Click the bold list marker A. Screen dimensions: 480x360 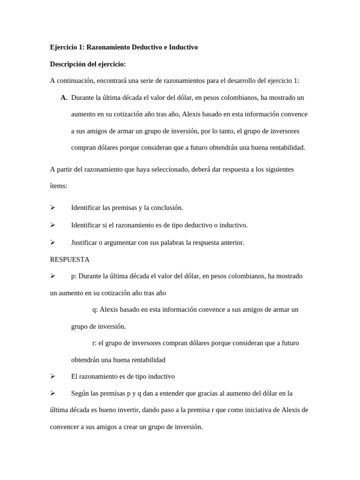coord(64,98)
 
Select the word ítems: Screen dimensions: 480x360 coord(59,186)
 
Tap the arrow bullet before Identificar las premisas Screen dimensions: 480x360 coord(53,208)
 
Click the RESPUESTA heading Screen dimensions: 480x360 coord(69,259)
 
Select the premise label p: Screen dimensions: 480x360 coord(74,276)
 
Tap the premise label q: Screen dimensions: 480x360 coord(95,309)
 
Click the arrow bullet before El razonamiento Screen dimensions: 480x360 coord(53,376)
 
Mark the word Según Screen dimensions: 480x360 coord(80,393)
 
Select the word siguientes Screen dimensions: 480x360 coord(279,169)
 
